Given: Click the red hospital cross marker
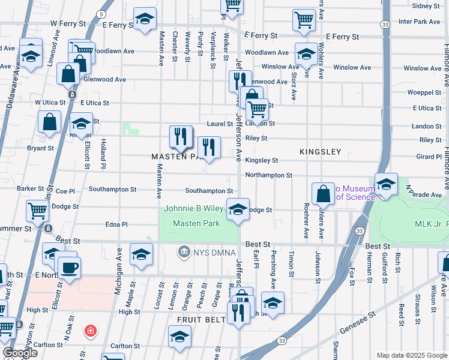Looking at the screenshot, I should [x=90, y=331].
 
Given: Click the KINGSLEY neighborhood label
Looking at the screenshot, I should [x=320, y=152].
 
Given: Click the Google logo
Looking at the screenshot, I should [x=19, y=352].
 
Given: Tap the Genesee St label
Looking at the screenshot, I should [x=358, y=322].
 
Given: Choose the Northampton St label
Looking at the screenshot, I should [x=269, y=175].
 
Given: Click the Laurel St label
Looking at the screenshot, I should [x=220, y=124].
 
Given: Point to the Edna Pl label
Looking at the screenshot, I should [x=116, y=224].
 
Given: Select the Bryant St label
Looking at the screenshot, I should [x=40, y=148].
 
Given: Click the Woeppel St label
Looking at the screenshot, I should [x=424, y=92].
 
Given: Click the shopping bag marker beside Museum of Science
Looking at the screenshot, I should [x=323, y=193].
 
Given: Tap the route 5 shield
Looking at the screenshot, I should [x=102, y=14].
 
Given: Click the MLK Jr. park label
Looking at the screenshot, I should [x=431, y=224].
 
